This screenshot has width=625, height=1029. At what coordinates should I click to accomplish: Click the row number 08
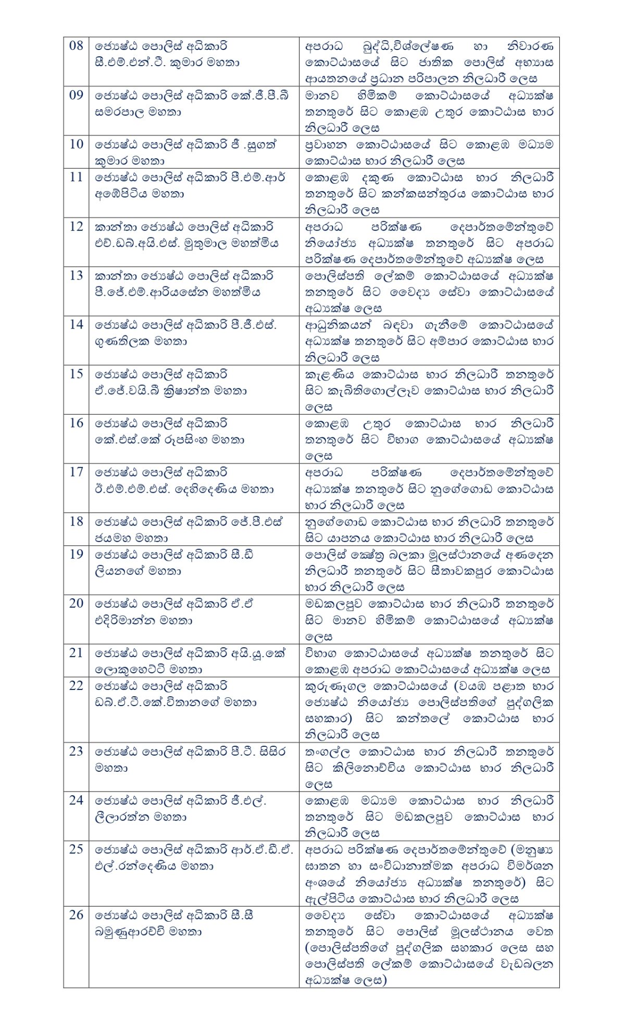76,46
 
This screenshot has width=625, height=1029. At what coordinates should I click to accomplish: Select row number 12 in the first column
76,227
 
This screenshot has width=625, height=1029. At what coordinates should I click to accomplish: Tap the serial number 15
76,374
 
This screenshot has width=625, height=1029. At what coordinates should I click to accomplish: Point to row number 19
76,554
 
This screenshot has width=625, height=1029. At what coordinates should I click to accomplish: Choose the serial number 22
76,686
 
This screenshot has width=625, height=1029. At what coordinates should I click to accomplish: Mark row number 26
76,915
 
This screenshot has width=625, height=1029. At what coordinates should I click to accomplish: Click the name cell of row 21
193,661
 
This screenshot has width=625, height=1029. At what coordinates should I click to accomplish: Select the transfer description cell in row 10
429,153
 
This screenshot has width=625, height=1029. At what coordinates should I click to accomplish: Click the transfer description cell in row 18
429,530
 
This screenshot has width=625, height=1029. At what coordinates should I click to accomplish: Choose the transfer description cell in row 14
429,341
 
